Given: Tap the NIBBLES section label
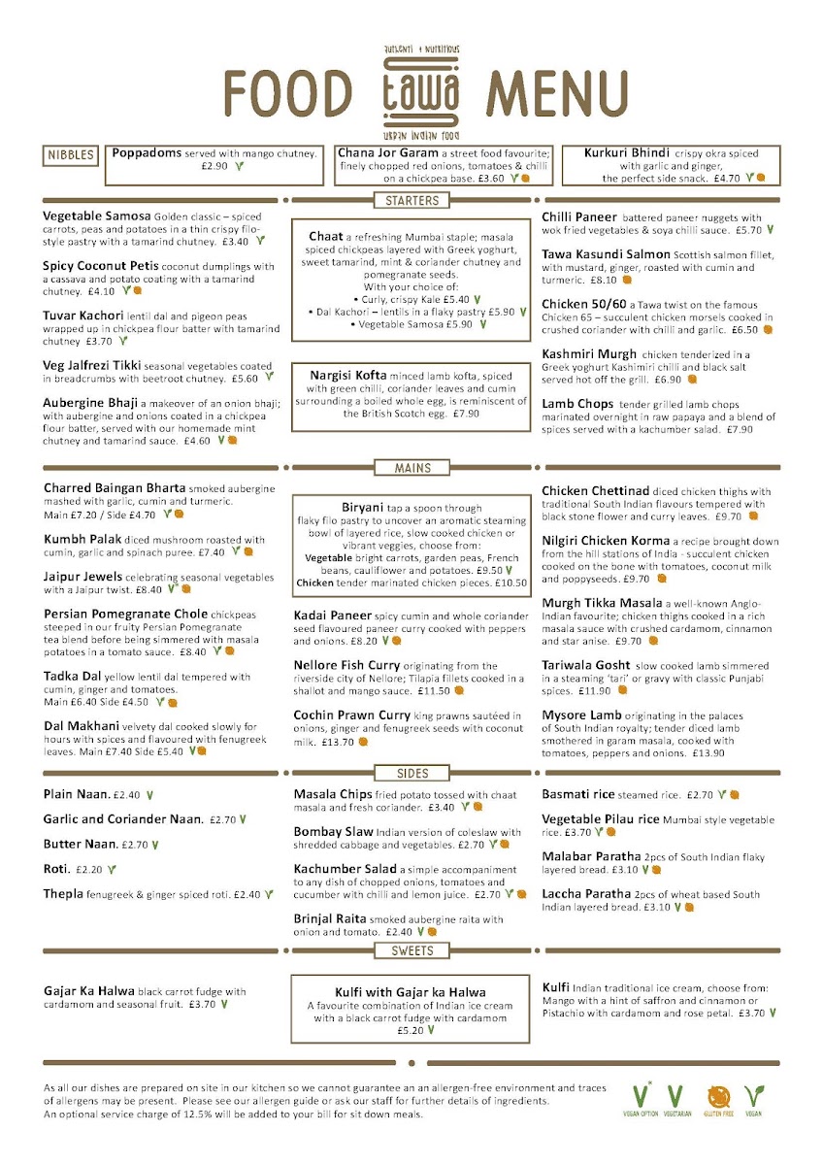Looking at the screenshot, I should pyautogui.click(x=71, y=155).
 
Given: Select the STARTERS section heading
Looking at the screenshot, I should pyautogui.click(x=411, y=201).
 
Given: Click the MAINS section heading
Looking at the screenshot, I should pyautogui.click(x=412, y=468).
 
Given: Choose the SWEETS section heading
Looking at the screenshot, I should pyautogui.click(x=412, y=950).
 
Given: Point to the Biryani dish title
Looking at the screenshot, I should pyautogui.click(x=365, y=508).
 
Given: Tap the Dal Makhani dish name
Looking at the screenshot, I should pyautogui.click(x=82, y=725).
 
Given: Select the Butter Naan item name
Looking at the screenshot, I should pyautogui.click(x=81, y=845).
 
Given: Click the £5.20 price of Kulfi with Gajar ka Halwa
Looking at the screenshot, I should pyautogui.click(x=410, y=1031).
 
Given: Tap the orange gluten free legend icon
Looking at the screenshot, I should pyautogui.click(x=719, y=1098).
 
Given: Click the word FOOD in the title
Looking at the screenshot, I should pyautogui.click(x=287, y=94).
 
